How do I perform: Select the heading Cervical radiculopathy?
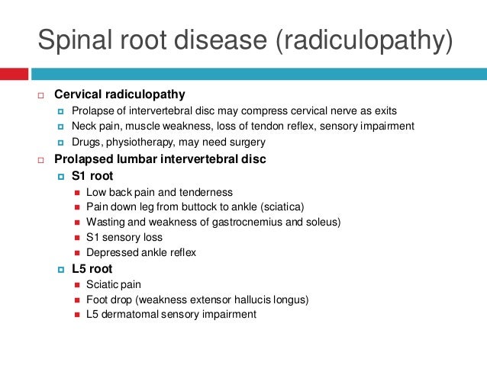pos(119,94)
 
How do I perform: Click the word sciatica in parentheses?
pos(281,207)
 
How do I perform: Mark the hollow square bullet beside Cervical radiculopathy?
pos(43,95)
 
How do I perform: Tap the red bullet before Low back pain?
pos(77,192)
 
